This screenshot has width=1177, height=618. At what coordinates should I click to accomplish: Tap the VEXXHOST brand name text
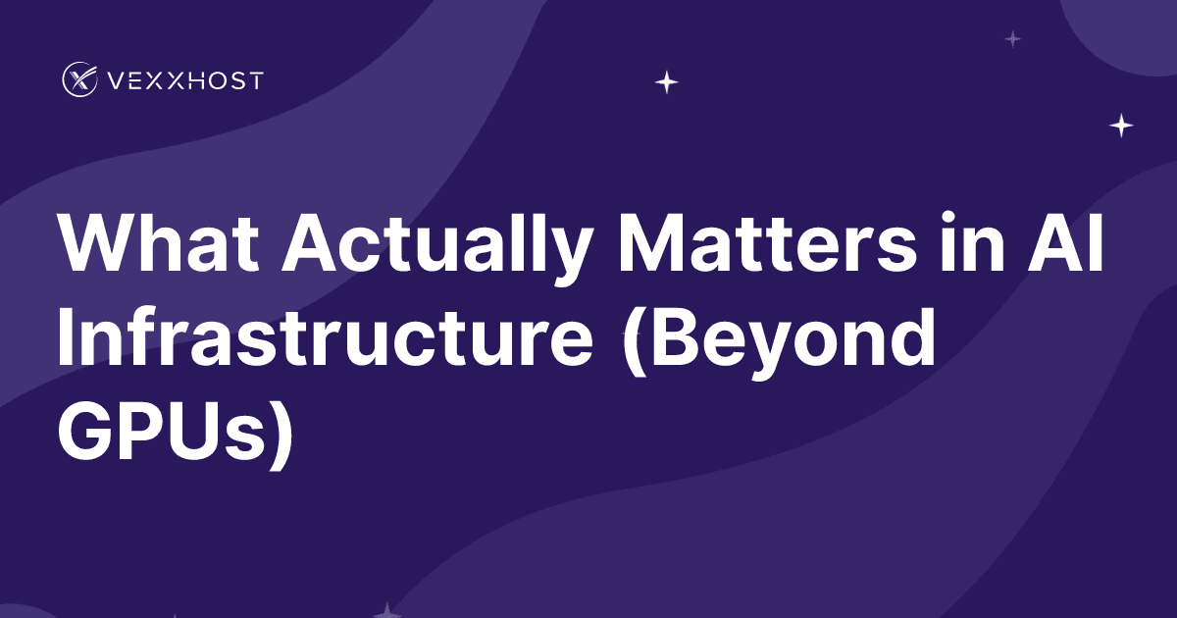pyautogui.click(x=185, y=80)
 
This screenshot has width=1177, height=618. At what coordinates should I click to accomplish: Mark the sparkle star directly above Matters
pyautogui.click(x=667, y=82)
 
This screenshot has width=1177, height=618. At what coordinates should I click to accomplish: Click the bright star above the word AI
pyautogui.click(x=1121, y=126)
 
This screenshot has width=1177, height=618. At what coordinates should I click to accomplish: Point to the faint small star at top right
pyautogui.click(x=1013, y=39)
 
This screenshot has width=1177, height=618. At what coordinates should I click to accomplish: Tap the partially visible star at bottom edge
pyautogui.click(x=387, y=610)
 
